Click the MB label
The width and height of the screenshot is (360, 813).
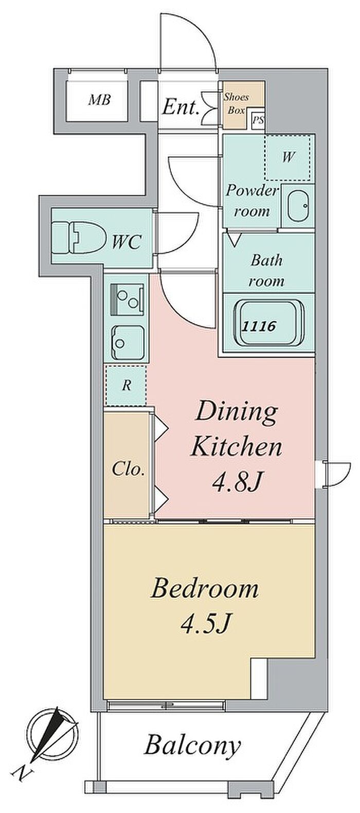[x=99, y=99]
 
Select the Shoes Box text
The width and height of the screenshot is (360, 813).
[x=236, y=104]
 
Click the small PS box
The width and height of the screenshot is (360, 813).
[x=258, y=120]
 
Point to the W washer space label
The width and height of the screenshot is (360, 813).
[x=288, y=157]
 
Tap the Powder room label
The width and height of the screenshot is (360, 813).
[x=252, y=201]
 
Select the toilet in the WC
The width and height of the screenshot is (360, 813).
[x=79, y=238]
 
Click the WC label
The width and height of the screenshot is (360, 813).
[x=126, y=242]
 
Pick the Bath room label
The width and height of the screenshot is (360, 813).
[x=267, y=270]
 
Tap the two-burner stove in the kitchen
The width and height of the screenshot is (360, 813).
[x=127, y=297]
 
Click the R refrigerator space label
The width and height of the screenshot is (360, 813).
[x=126, y=386]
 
